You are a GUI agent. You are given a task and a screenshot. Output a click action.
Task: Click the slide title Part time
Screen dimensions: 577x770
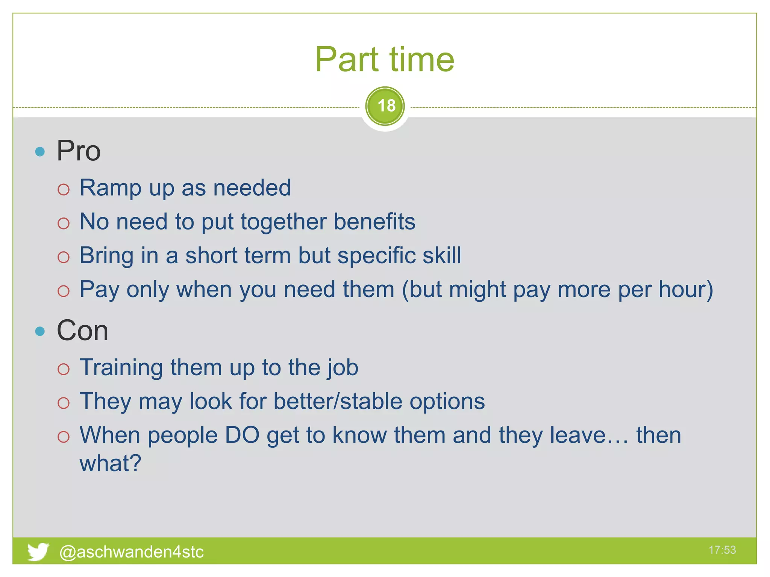click(x=384, y=59)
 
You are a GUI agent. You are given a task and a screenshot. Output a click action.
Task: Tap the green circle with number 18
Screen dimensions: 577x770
click(x=385, y=106)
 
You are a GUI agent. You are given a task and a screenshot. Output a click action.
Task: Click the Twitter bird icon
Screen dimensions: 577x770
click(x=38, y=551)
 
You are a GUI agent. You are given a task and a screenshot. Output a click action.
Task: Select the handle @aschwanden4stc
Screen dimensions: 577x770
click(x=131, y=552)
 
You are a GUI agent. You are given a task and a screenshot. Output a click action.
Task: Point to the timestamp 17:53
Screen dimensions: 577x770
click(x=722, y=550)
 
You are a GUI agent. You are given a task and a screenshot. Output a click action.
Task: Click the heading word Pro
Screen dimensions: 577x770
click(x=79, y=151)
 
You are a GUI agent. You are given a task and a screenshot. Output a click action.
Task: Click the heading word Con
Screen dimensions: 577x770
click(x=82, y=331)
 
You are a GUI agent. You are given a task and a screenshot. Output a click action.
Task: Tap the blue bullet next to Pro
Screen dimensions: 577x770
click(x=40, y=152)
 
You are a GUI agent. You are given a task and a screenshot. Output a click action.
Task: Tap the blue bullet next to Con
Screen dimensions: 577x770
click(x=40, y=331)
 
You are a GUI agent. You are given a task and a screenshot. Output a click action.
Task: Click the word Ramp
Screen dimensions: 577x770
click(x=111, y=187)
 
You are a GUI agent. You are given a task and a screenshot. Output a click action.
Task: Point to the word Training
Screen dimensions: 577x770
click(x=121, y=367)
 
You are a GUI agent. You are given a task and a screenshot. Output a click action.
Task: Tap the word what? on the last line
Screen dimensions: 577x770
click(x=110, y=463)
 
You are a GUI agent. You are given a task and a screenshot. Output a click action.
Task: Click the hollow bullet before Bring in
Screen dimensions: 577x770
click(x=64, y=257)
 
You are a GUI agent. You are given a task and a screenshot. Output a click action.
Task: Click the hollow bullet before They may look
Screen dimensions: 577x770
click(x=64, y=403)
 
